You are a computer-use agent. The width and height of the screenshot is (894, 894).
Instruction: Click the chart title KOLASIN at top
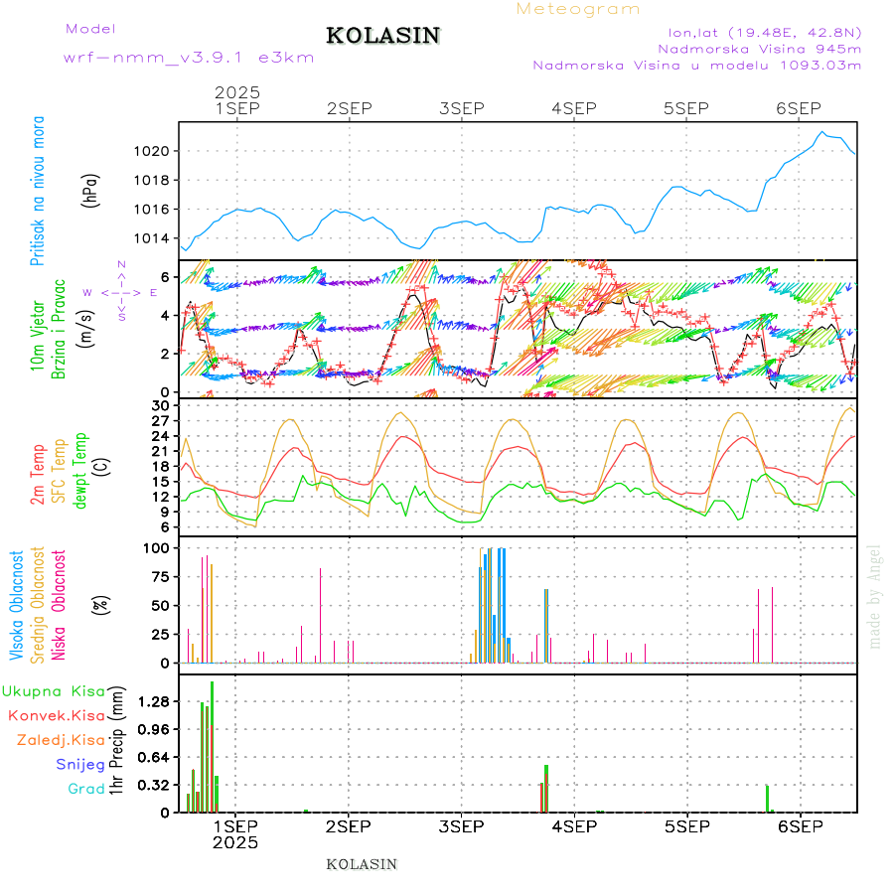click(x=382, y=36)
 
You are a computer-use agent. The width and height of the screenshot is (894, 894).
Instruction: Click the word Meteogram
click(x=578, y=9)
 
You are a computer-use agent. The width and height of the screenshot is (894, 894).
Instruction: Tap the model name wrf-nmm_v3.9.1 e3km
click(x=189, y=58)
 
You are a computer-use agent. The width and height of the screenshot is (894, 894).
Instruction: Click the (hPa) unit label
click(x=90, y=195)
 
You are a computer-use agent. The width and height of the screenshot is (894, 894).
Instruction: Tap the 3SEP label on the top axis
click(x=461, y=107)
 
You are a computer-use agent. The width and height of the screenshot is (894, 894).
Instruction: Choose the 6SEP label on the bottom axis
click(x=799, y=826)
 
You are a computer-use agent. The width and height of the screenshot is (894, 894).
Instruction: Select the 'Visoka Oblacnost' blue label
click(x=17, y=606)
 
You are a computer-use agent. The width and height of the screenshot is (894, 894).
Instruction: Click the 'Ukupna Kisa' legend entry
click(x=55, y=690)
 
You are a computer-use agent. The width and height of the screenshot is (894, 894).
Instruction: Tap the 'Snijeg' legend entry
click(x=80, y=764)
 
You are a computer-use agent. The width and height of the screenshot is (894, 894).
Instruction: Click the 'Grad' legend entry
click(x=86, y=789)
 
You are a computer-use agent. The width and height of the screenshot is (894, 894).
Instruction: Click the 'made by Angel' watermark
click(x=875, y=596)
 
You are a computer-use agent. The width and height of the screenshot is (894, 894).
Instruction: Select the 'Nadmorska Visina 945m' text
click(x=759, y=48)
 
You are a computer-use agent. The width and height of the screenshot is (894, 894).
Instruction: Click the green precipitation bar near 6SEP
click(x=768, y=798)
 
